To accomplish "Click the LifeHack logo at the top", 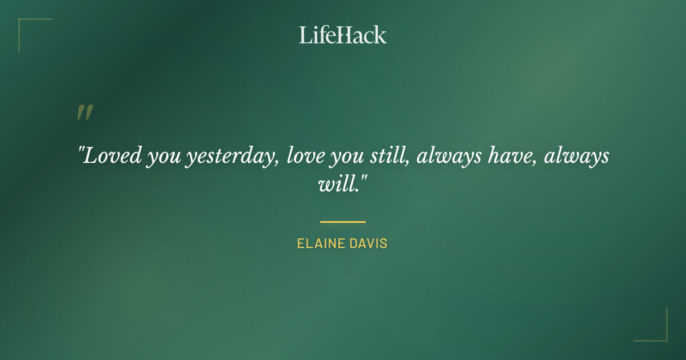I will click(x=343, y=35).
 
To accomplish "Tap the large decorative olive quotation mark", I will click(x=84, y=113).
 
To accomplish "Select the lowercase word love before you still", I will click(x=306, y=155).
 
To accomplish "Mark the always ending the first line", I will click(x=576, y=156).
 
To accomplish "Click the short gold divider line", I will click(x=343, y=222).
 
